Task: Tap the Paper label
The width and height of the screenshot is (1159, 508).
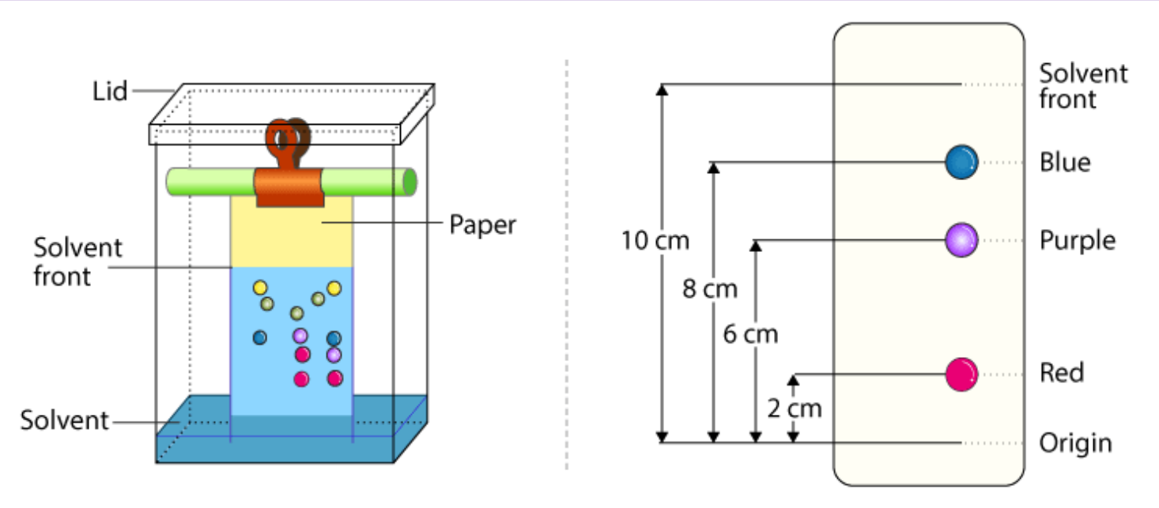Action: pyautogui.click(x=482, y=224)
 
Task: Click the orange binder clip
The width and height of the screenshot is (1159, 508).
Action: pyautogui.click(x=289, y=182)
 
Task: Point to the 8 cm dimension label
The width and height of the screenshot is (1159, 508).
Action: pyautogui.click(x=709, y=289)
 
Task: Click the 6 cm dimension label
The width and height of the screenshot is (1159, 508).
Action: pyautogui.click(x=750, y=334)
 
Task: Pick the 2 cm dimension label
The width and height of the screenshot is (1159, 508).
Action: pyautogui.click(x=794, y=408)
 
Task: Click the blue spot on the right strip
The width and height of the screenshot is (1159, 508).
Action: pyautogui.click(x=961, y=163)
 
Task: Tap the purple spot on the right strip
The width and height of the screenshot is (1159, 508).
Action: pyautogui.click(x=961, y=239)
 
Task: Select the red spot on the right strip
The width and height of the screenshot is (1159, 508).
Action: pyautogui.click(x=961, y=374)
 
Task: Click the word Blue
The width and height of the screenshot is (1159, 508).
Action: pyautogui.click(x=1065, y=163)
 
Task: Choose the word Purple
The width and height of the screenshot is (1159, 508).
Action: pyautogui.click(x=1077, y=240)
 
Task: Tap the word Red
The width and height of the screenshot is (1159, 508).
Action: pyautogui.click(x=1062, y=373)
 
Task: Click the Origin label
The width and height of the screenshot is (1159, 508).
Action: pyautogui.click(x=1075, y=443)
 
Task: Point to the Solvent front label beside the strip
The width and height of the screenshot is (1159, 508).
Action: pyautogui.click(x=1082, y=86)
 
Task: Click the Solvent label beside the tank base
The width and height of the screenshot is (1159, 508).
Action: pyautogui.click(x=65, y=420)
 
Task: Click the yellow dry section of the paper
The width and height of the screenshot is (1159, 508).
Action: pyautogui.click(x=292, y=237)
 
